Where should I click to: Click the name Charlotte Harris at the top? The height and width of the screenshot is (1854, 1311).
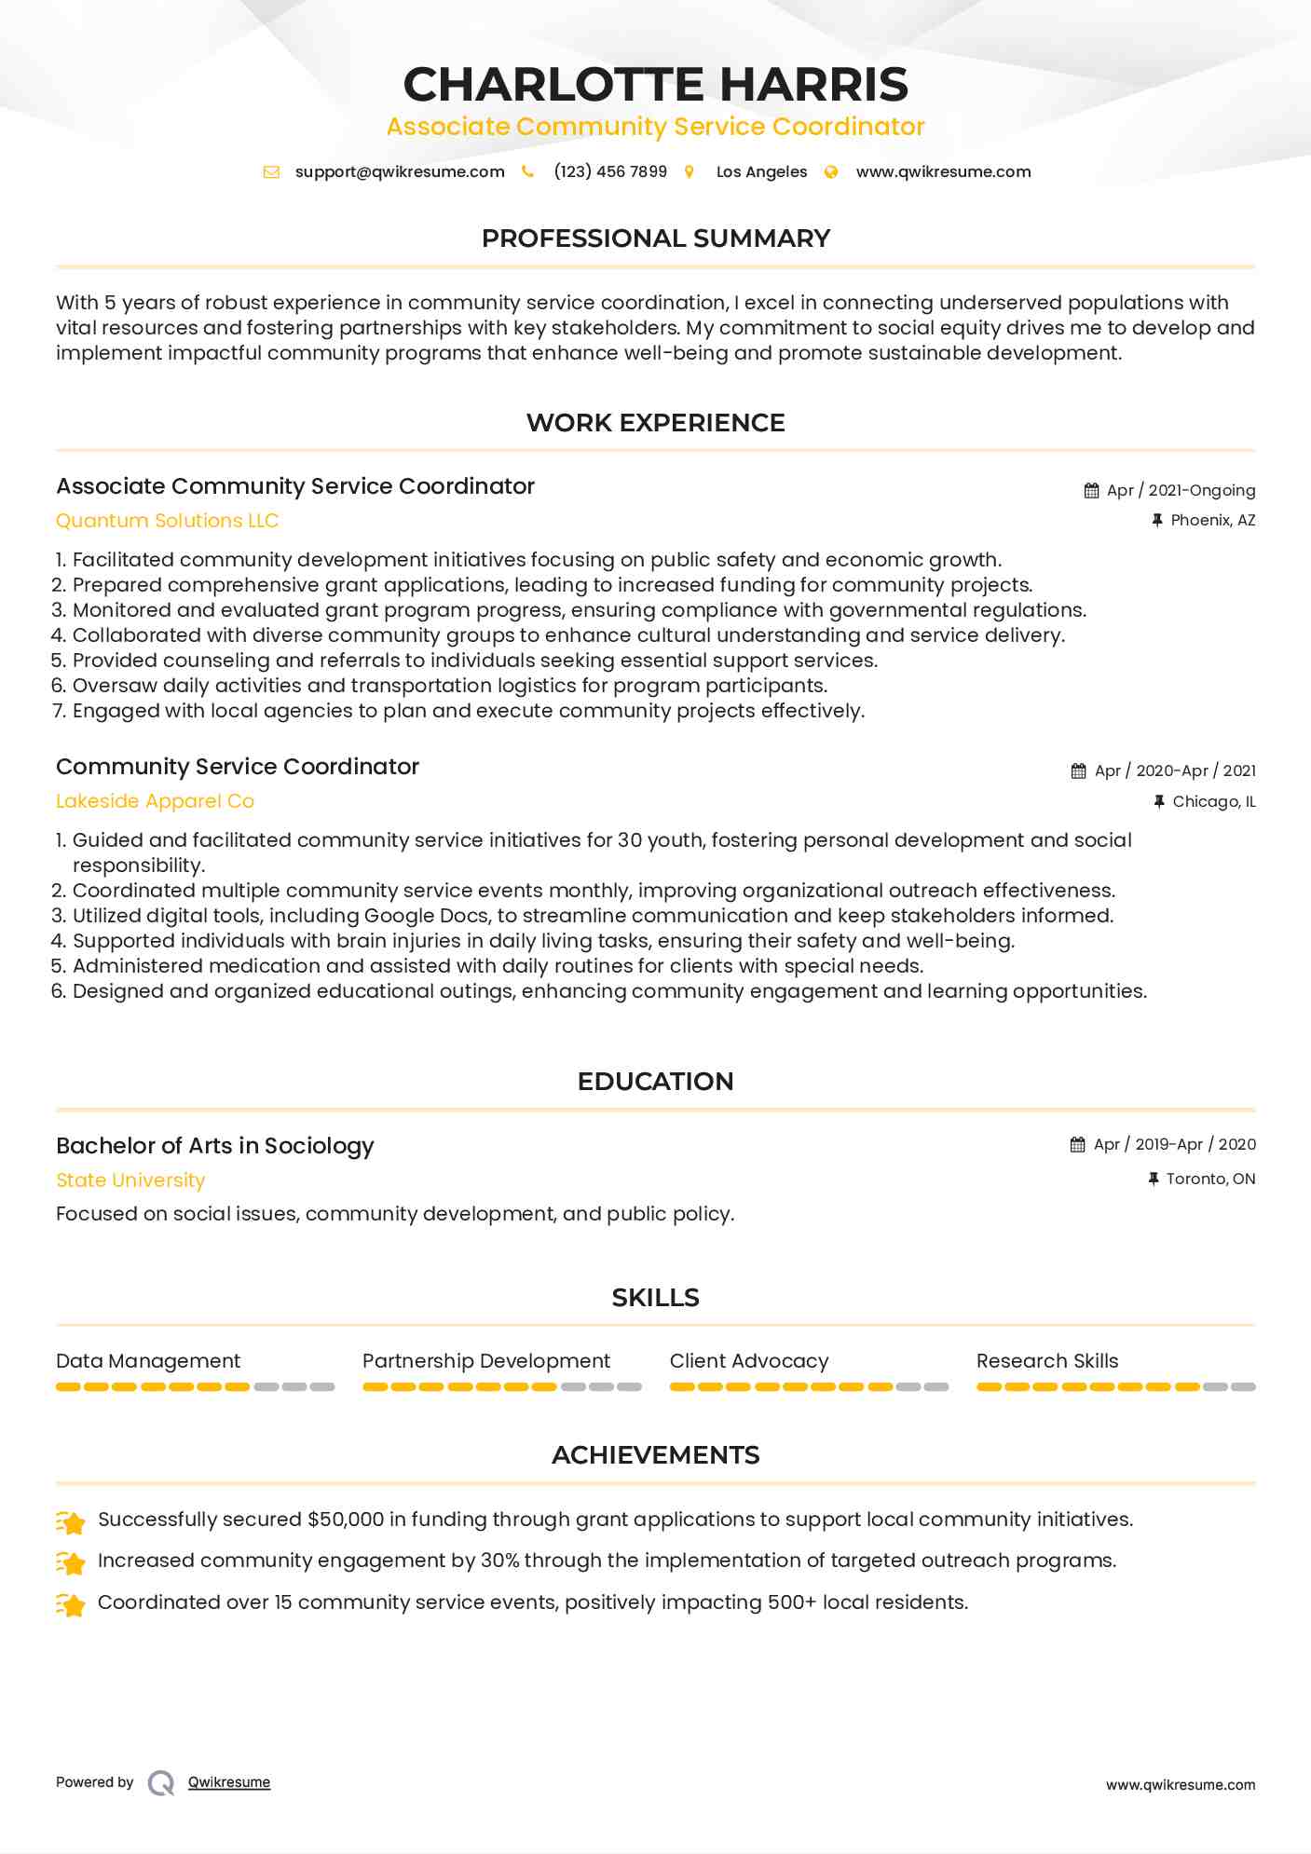[655, 84]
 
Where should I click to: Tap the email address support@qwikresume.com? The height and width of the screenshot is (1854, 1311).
[400, 171]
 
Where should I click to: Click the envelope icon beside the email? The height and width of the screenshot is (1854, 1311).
[271, 171]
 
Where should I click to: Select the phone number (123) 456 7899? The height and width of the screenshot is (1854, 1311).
[610, 171]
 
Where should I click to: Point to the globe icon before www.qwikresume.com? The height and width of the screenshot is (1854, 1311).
[831, 171]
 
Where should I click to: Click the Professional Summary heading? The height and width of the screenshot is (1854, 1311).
[655, 239]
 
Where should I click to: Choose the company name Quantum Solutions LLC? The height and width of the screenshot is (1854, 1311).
[168, 521]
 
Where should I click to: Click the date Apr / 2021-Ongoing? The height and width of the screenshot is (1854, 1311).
[1181, 490]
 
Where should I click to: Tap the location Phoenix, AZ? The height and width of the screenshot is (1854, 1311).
[1212, 520]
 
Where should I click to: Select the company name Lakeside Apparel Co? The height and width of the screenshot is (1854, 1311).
[155, 801]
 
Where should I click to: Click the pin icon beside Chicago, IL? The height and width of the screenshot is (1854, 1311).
[1159, 801]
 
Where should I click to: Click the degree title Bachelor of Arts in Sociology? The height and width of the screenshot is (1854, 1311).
[214, 1145]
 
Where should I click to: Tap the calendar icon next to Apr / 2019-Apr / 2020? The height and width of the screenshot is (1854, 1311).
[1078, 1144]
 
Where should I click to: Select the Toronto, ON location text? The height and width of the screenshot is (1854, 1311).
[1210, 1179]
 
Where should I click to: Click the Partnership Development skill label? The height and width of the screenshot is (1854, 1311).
[485, 1361]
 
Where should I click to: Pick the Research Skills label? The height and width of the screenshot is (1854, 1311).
[1046, 1361]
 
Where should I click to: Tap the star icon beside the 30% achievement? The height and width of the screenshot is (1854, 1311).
[71, 1561]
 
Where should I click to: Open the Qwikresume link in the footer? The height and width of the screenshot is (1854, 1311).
[229, 1782]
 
